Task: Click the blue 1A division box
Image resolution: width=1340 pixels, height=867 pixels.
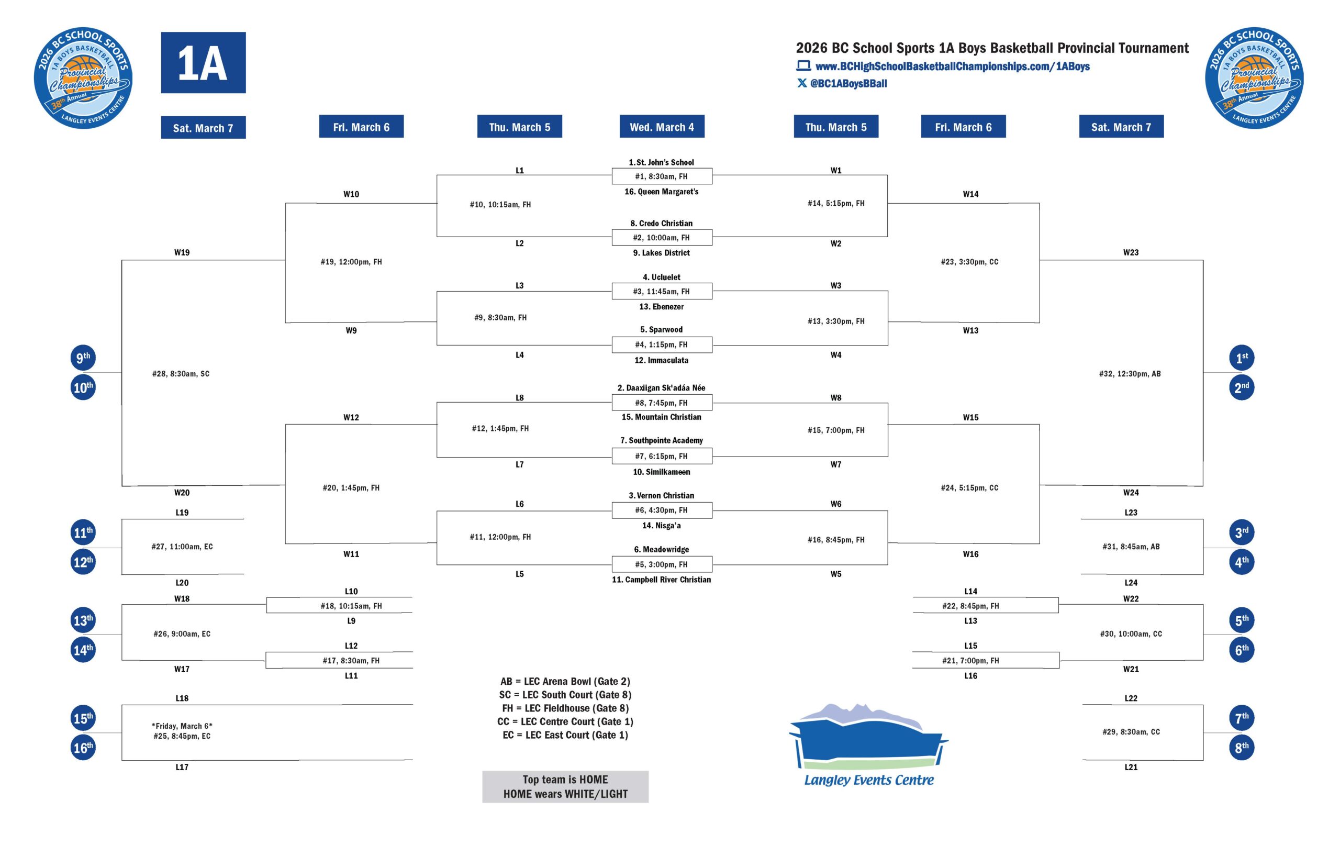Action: [203, 62]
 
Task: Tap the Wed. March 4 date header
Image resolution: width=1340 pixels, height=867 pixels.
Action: [661, 127]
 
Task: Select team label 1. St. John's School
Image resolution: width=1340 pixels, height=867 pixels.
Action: [661, 162]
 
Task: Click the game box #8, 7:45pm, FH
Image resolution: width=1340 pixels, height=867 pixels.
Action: [661, 403]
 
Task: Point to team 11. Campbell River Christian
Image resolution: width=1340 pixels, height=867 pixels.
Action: [661, 580]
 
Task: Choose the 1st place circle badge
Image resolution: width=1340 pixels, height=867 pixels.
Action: [1241, 358]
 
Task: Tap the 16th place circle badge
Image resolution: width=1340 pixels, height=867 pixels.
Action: [83, 748]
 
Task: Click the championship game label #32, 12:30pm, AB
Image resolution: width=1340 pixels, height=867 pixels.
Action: [1130, 373]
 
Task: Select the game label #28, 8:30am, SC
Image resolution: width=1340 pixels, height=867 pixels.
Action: [181, 373]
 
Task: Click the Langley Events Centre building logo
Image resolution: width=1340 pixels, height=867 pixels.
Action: [868, 743]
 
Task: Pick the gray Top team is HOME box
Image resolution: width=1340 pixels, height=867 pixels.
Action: [565, 786]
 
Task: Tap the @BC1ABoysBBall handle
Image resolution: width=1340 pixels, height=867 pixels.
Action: [848, 83]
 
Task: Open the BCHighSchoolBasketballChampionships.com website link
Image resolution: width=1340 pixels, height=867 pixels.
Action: [952, 66]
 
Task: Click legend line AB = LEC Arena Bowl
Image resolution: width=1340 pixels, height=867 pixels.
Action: [565, 681]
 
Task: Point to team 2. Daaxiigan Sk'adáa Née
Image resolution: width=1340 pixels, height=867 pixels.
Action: [661, 387]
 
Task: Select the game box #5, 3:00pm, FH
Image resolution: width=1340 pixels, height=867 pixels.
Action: [661, 564]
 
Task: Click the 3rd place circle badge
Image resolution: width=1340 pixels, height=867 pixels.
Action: [1241, 532]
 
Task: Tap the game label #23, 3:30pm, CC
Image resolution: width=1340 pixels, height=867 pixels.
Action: [969, 262]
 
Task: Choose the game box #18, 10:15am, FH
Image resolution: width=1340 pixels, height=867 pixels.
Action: [351, 606]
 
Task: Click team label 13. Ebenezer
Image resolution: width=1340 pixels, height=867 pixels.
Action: [661, 306]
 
